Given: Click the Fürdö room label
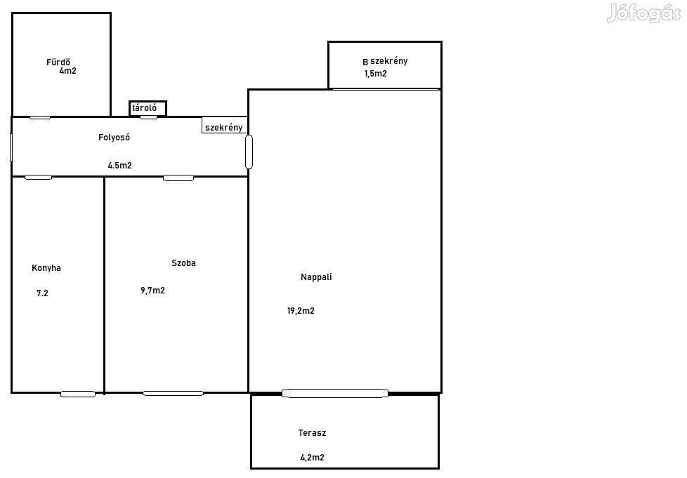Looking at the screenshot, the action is tap(58, 62).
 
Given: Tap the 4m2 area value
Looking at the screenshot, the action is tap(68, 70).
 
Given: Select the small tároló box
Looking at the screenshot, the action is tap(148, 108).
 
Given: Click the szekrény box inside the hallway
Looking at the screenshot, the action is tap(224, 126).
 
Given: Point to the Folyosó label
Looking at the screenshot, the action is tap(114, 137).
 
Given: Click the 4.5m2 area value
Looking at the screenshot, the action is tap(119, 166).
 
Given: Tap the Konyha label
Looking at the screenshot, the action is tap(46, 268).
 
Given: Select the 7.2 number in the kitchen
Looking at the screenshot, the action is tap(43, 293).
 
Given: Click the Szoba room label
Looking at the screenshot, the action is tap(183, 263).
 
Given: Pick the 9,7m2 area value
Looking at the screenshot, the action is tap(152, 290).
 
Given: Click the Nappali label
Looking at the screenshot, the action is tap(316, 277).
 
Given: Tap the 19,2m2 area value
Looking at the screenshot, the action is tap(301, 311).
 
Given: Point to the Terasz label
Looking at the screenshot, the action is tap(312, 433).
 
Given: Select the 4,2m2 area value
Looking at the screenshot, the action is tap(312, 458).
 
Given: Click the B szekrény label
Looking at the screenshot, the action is tap(385, 61).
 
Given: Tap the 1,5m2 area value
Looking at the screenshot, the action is tap(376, 74).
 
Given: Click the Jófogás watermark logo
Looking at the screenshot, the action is tap(643, 13).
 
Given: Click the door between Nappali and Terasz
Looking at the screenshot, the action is tap(335, 393).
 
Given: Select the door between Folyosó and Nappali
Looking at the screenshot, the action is tap(249, 152).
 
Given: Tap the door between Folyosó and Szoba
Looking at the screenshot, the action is tap(178, 178).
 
